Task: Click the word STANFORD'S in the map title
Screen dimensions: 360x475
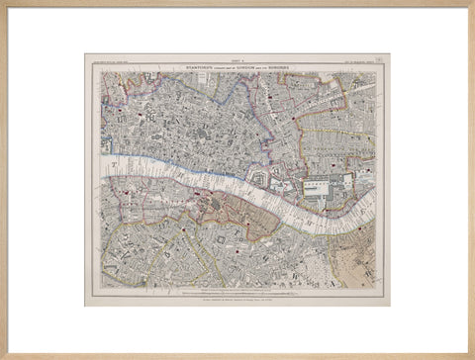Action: (191, 66)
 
